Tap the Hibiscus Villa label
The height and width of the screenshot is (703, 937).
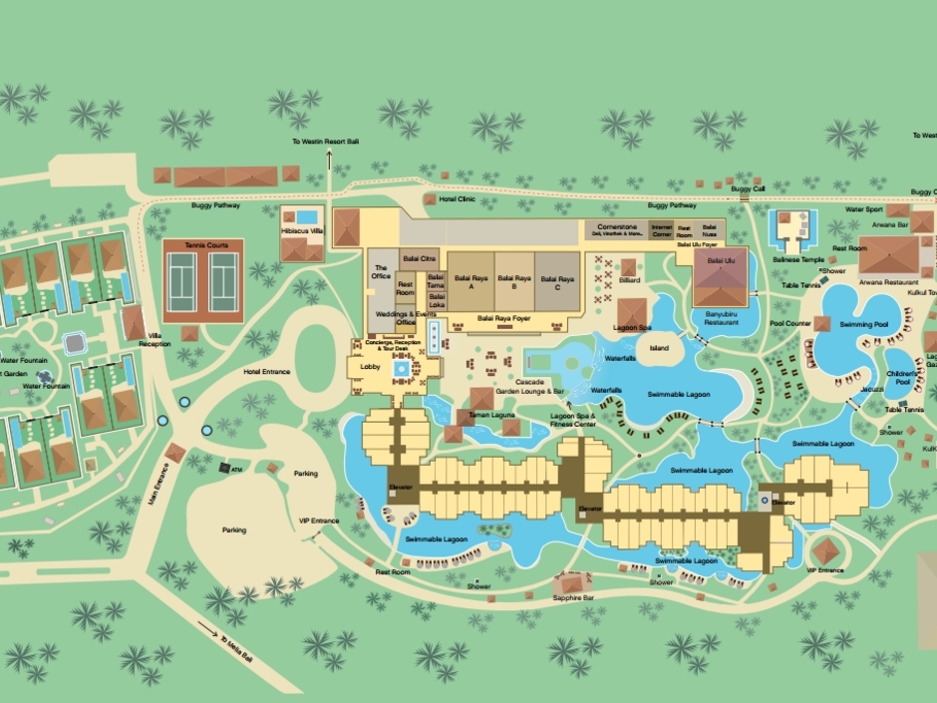coord(302,229)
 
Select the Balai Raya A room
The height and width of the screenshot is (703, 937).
coord(463,282)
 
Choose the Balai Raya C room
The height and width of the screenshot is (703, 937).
coord(559,282)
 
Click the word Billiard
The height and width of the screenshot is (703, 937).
coord(628,281)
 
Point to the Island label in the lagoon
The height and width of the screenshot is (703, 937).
coord(659,348)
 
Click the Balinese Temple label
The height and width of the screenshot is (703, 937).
coord(796,259)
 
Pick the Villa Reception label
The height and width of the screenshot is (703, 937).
coord(154,339)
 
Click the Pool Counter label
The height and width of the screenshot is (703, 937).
coord(791,323)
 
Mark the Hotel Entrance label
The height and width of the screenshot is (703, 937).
coord(266,372)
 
